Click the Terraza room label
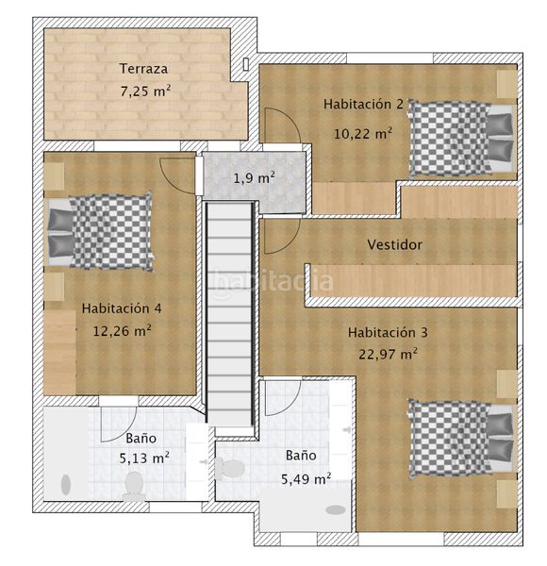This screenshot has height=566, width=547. click(x=143, y=69)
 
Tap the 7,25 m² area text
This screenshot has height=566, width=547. click(x=145, y=91)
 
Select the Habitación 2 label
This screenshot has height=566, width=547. click(x=363, y=104)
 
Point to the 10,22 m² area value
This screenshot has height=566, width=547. click(x=362, y=134)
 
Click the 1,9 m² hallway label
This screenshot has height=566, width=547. click(x=254, y=177)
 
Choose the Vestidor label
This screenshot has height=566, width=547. click(x=395, y=244)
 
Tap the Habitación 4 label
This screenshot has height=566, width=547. click(x=122, y=308)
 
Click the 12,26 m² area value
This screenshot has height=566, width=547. click(x=122, y=331)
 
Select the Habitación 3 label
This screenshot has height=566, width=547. click(x=388, y=332)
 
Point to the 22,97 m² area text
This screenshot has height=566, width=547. click(x=388, y=354)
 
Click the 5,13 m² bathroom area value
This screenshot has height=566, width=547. click(x=144, y=458)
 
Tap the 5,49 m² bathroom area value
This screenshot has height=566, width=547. click(x=306, y=479)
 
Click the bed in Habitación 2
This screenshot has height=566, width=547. click(x=461, y=139)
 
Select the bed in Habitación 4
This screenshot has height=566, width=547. click(x=100, y=231)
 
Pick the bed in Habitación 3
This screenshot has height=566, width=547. click(x=461, y=439)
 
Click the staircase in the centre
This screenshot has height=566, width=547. click(x=230, y=315)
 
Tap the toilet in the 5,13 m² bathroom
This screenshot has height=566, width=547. click(x=134, y=486)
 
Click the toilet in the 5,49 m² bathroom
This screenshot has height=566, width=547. click(x=229, y=469)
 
